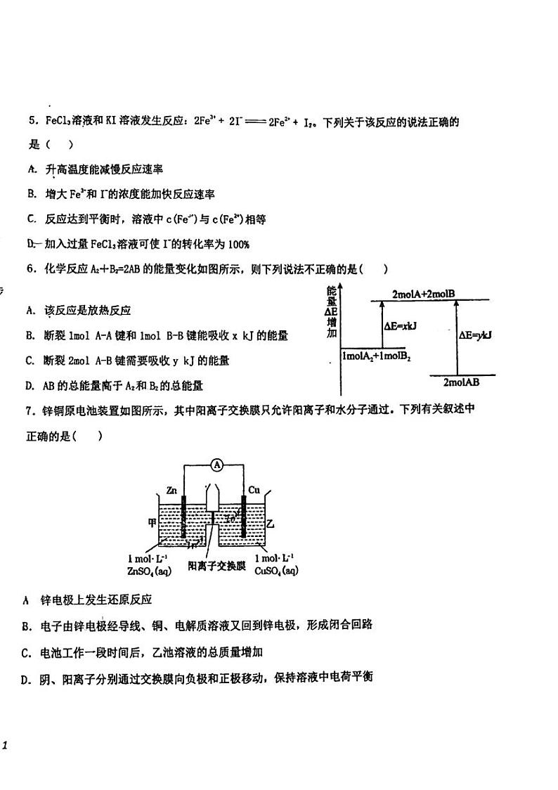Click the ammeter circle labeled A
click(x=218, y=465)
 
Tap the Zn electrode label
click(x=173, y=489)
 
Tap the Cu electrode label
click(x=254, y=489)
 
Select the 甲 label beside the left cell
click(x=151, y=522)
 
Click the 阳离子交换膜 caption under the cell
click(x=217, y=565)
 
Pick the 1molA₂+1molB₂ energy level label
click(x=377, y=356)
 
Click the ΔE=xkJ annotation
click(x=401, y=326)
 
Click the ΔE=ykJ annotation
click(x=475, y=335)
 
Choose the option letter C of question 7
click(x=25, y=653)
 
